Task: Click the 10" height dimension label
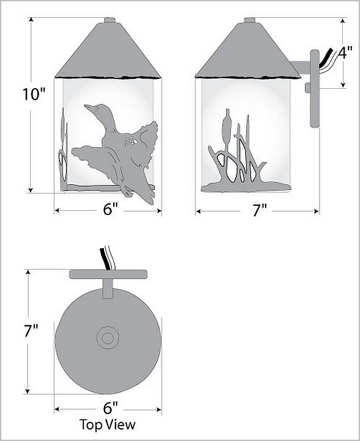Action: pos(34,94)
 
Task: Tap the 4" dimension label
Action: pos(345,53)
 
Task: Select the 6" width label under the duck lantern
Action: pos(110,209)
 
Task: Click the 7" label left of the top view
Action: pos(31,331)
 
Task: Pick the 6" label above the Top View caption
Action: pos(110,408)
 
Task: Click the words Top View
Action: pos(108,424)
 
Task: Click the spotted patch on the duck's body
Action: pos(130,141)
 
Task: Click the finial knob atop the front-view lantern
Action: pos(110,20)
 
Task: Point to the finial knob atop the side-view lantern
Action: pos(250,20)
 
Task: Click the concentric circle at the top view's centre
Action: pos(108,337)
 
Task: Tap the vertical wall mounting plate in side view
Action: pos(315,89)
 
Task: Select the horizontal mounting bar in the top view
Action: pos(108,274)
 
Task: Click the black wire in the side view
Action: pos(324,58)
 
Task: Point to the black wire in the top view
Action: pos(105,259)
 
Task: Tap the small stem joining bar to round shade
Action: pos(108,288)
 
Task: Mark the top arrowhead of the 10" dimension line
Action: pos(31,20)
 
